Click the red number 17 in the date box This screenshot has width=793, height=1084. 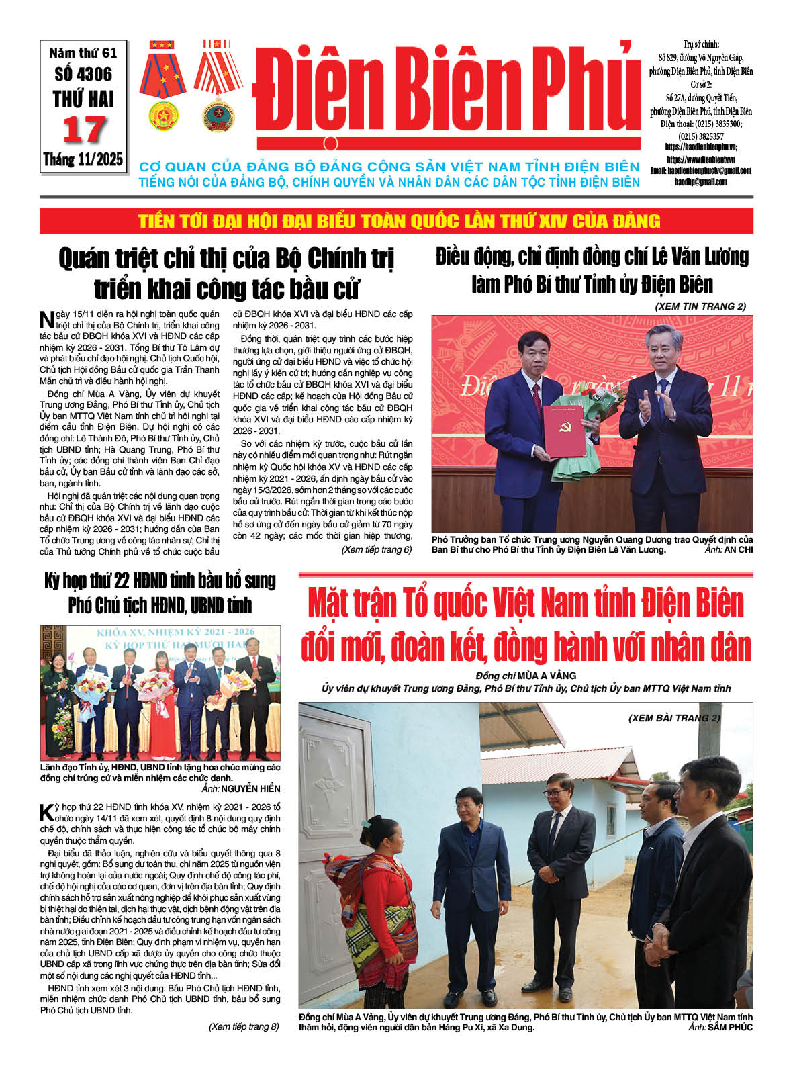(84, 130)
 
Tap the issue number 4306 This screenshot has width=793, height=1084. (83, 74)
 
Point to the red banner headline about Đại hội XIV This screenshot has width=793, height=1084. (399, 221)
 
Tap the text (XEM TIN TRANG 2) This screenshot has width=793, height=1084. (700, 306)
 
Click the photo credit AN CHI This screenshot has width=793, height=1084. (739, 549)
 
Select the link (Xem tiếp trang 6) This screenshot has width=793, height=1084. (376, 550)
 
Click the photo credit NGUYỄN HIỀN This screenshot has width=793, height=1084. (250, 788)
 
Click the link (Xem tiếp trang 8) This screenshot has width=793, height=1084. (244, 1026)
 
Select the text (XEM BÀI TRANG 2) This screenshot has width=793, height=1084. (674, 718)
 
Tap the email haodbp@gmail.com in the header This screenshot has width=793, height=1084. (700, 182)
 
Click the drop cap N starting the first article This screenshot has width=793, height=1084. (46, 319)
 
